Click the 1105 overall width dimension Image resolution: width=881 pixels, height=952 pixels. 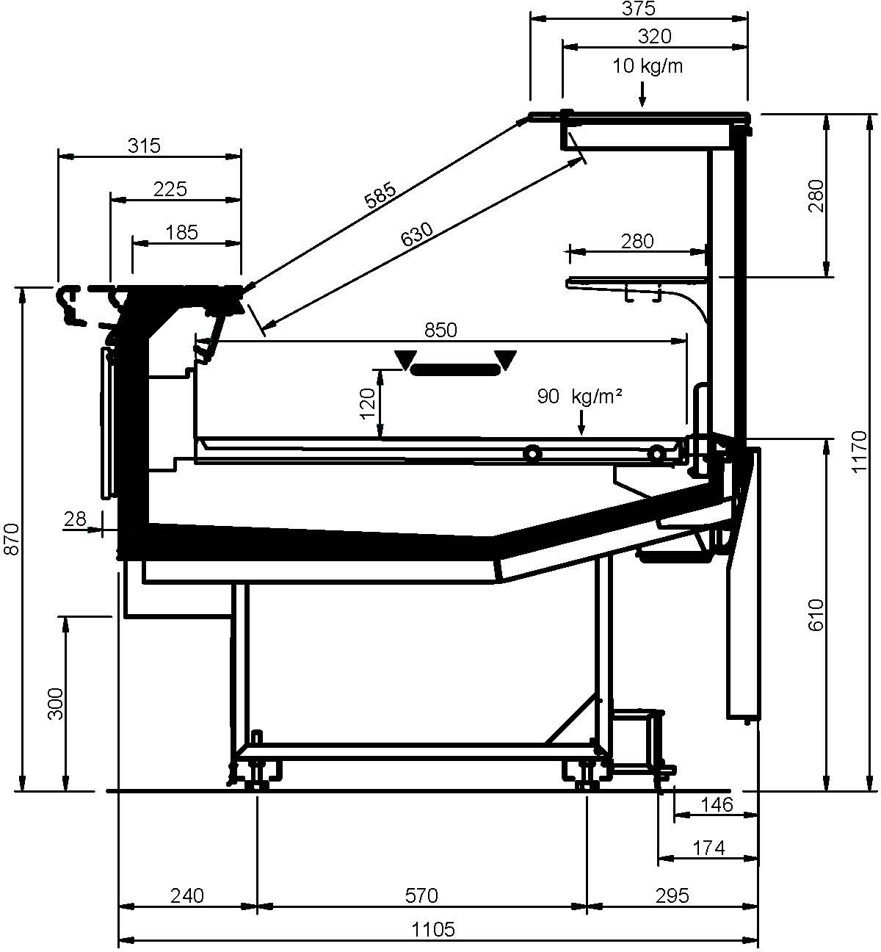(x=433, y=929)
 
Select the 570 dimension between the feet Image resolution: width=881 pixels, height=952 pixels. (x=422, y=895)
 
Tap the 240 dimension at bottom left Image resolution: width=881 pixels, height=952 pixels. (x=187, y=895)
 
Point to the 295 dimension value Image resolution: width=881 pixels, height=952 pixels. (x=672, y=895)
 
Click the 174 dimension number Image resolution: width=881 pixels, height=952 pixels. (x=709, y=848)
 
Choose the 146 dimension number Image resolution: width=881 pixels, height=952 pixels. (x=717, y=805)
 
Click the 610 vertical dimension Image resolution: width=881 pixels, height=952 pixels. (x=816, y=615)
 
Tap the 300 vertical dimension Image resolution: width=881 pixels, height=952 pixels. (x=56, y=704)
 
